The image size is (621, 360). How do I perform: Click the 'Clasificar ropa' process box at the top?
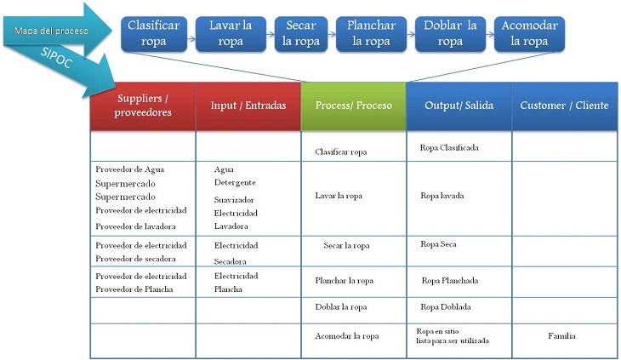(153, 33)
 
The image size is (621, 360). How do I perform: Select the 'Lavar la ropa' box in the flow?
(231, 33)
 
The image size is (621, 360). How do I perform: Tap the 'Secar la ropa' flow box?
(300, 33)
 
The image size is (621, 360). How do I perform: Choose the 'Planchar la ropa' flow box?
(371, 33)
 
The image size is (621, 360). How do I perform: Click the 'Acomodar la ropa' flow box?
(528, 33)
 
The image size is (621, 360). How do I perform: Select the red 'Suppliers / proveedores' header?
(143, 106)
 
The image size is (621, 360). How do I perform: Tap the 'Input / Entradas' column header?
(248, 106)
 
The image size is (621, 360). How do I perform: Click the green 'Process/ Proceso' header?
(353, 106)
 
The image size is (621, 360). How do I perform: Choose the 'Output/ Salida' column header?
(459, 106)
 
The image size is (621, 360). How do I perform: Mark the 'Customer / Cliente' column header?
(564, 106)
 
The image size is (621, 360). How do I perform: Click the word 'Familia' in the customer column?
(561, 336)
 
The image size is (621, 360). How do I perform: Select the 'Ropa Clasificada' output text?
(449, 148)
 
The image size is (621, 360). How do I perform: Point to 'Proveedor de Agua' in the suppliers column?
(130, 169)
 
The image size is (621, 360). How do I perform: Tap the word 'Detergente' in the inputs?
(235, 182)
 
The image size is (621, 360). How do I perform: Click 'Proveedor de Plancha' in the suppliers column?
(134, 289)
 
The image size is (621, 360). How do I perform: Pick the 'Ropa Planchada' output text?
(449, 281)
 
